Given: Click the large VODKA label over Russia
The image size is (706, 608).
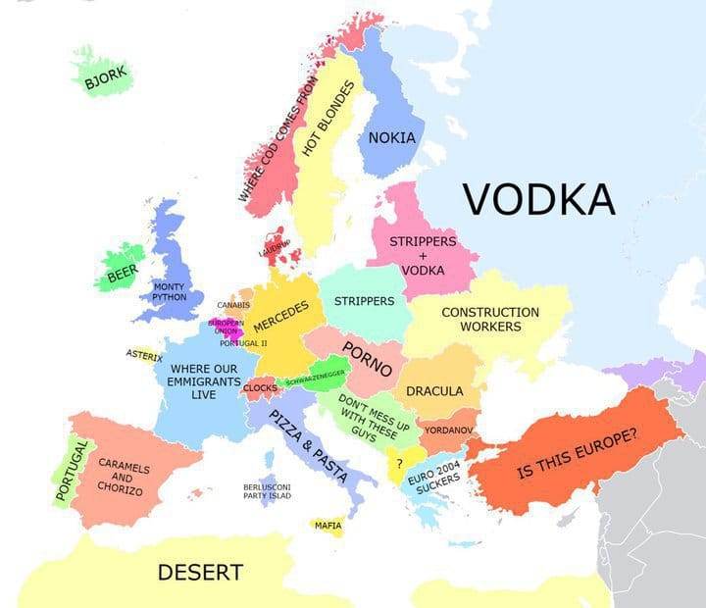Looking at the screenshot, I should pyautogui.click(x=538, y=198).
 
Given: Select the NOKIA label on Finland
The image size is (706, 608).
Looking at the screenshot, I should pyautogui.click(x=391, y=137).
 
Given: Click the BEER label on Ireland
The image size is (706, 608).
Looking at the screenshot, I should pyautogui.click(x=123, y=274).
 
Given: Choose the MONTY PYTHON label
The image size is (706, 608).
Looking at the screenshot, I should pyautogui.click(x=169, y=291).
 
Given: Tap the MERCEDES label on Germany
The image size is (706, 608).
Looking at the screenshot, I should pyautogui.click(x=281, y=318).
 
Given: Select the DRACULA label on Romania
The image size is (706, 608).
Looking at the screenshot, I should pyautogui.click(x=434, y=390).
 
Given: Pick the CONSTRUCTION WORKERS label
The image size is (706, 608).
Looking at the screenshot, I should pyautogui.click(x=490, y=319).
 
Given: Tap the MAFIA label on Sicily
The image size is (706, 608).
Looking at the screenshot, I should pyautogui.click(x=328, y=526).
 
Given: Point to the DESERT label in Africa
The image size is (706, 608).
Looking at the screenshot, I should pyautogui.click(x=200, y=571).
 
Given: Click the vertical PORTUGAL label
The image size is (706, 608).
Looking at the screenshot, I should pyautogui.click(x=67, y=470).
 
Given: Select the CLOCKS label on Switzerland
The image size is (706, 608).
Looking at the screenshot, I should pyautogui.click(x=260, y=387).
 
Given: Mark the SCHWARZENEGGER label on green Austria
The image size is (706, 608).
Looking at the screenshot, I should pyautogui.click(x=314, y=376).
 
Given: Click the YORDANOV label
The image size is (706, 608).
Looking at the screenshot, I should pyautogui.click(x=450, y=430).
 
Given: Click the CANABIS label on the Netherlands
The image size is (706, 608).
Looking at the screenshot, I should pyautogui.click(x=233, y=305).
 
